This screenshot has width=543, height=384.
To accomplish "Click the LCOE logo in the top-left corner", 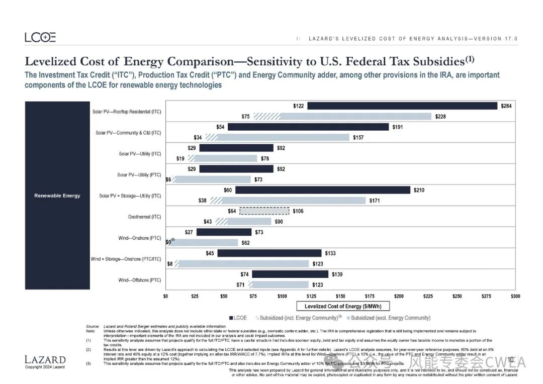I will click(x=40, y=37).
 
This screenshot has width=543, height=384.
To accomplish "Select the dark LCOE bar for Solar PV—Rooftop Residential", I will click(x=402, y=106).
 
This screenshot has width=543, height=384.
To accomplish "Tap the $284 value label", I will click(x=506, y=106).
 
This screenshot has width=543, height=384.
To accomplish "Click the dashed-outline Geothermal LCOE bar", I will click(x=264, y=211).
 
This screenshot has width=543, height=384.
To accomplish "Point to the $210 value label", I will click(x=419, y=190).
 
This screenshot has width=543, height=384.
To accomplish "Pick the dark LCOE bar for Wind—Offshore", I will click(x=290, y=274).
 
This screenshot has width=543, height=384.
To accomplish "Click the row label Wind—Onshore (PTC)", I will click(x=140, y=238).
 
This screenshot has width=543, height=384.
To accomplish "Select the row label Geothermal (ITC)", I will click(x=145, y=217).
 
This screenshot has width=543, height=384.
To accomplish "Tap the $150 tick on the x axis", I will click(x=340, y=297).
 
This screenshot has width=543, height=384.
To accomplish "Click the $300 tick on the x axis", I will click(x=515, y=297).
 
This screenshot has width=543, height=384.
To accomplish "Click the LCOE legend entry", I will click(x=238, y=318).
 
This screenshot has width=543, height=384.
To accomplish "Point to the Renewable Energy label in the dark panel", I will click(x=57, y=196).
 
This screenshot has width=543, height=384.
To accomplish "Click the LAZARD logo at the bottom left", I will click(x=45, y=360).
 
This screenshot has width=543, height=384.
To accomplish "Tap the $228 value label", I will click(x=440, y=117).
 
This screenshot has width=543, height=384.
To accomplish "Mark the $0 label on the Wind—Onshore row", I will click(x=169, y=242).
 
